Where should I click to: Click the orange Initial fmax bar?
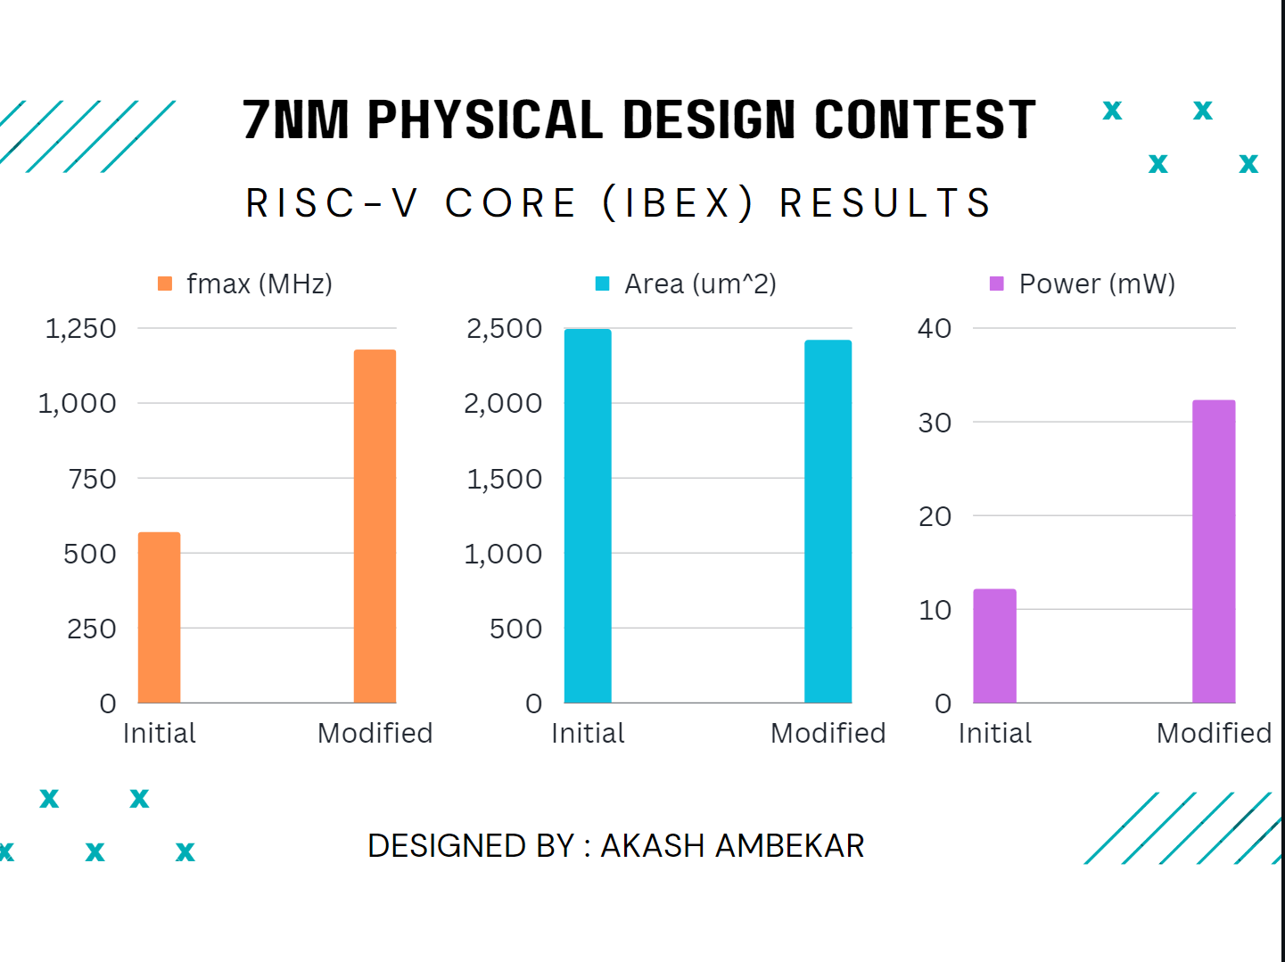coord(160,617)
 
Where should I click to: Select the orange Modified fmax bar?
coord(375,526)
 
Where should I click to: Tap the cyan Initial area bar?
coord(588,515)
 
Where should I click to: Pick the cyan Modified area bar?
coord(828,521)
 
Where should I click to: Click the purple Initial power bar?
coord(994,645)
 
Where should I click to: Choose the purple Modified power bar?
coord(1214,551)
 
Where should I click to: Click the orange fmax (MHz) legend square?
coord(165,284)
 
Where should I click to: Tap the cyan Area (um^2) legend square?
coord(603,284)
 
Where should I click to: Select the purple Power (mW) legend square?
coord(997,284)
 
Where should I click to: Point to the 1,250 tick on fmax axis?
coord(81,328)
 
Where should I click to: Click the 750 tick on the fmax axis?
coord(92,479)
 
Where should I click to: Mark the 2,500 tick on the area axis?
coord(504,328)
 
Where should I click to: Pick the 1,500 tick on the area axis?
coord(504,479)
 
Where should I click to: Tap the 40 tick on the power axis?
coord(935,328)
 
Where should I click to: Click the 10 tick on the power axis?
coord(935,610)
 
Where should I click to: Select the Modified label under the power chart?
coord(1214,733)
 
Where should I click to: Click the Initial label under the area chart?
coord(588,733)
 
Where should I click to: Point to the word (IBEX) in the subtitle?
coord(679,203)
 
